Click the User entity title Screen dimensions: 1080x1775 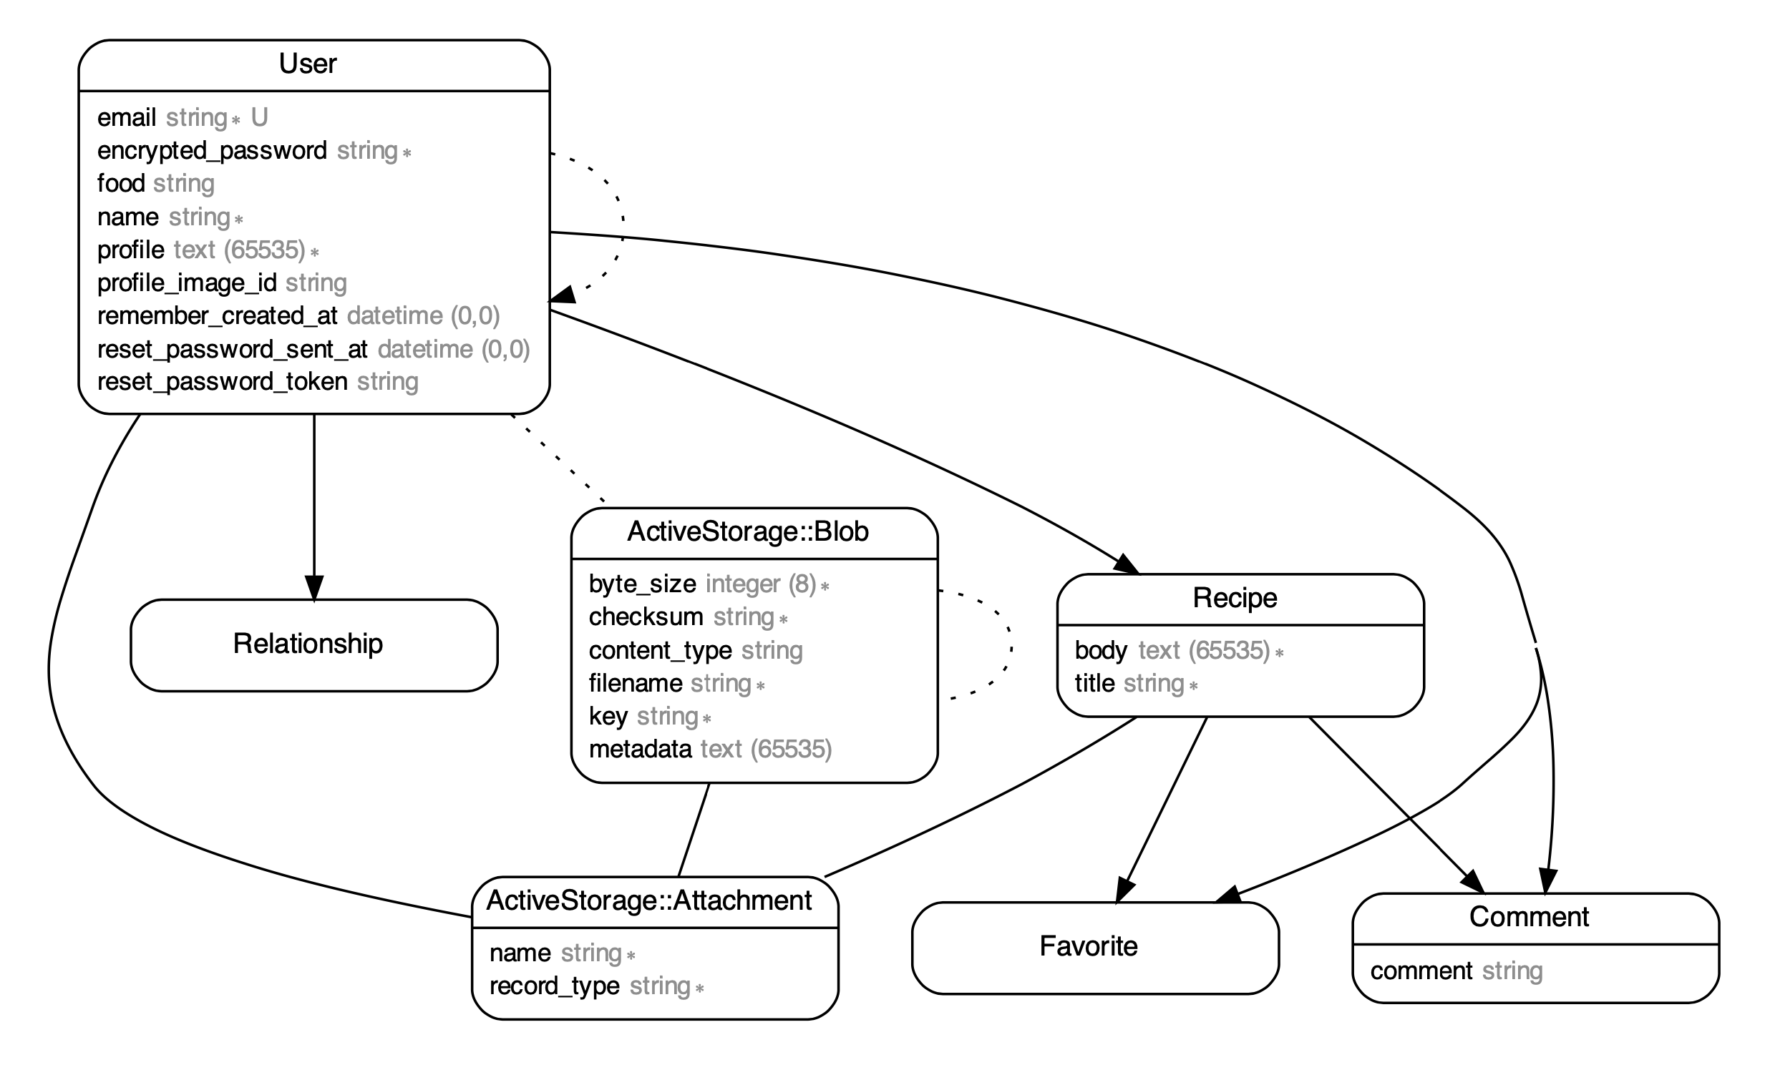pos(308,64)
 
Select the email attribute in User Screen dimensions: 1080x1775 pos(127,117)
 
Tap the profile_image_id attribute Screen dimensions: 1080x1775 pos(187,283)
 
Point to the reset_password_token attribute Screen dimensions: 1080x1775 pos(222,382)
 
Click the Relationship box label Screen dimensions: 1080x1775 pos(308,644)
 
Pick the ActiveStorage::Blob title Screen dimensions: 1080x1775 pos(748,532)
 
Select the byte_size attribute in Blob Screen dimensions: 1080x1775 pos(643,584)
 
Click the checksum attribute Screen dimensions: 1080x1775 pos(646,617)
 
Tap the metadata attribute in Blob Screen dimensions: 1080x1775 pos(640,750)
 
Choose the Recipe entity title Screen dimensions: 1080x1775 pos(1235,599)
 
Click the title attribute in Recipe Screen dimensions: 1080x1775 pos(1095,683)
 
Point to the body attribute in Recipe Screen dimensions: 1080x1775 pos(1101,651)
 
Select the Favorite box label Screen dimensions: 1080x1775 pos(1089,946)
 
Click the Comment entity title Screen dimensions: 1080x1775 pos(1529,917)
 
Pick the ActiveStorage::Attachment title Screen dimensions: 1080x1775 pos(649,900)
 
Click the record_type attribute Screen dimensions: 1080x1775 pos(554,986)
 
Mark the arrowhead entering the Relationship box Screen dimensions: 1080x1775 pos(314,588)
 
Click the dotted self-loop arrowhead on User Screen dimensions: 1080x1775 pos(563,295)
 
